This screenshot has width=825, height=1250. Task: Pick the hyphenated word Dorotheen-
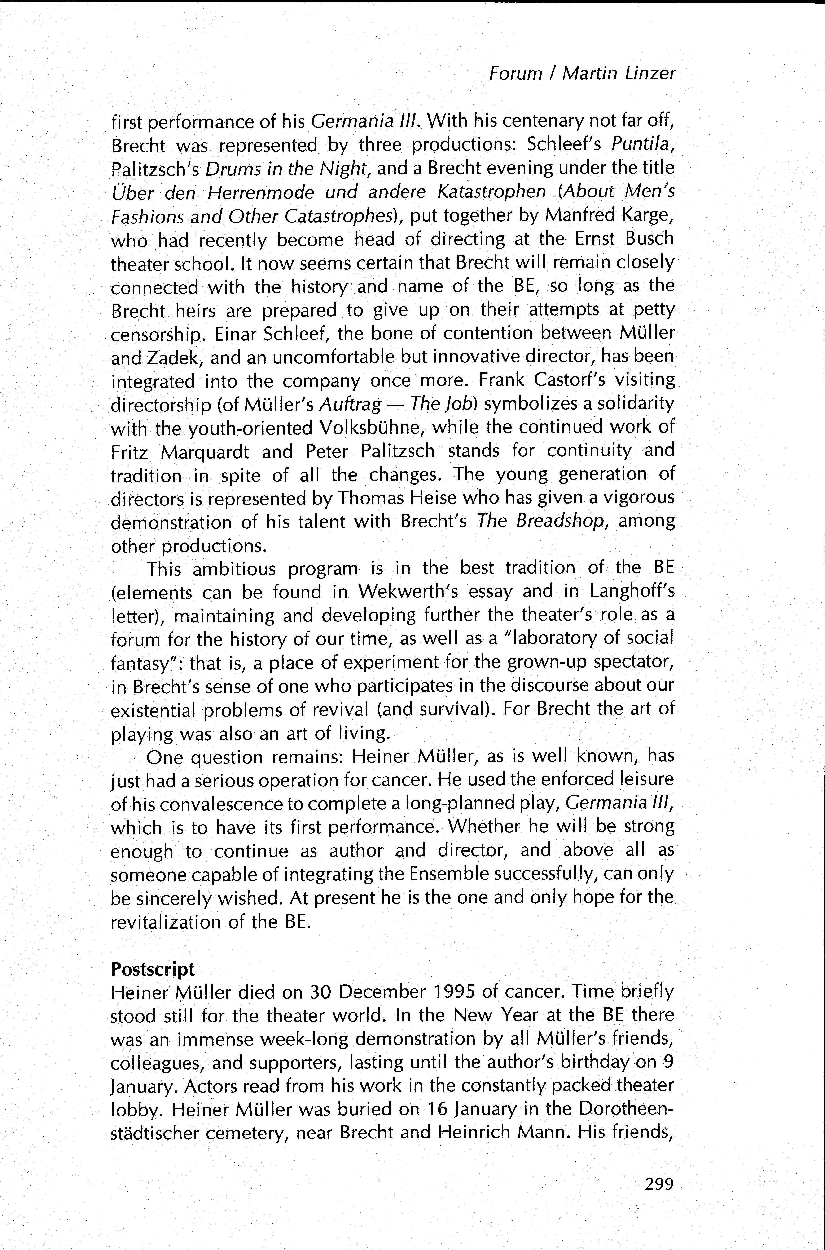[x=626, y=1109]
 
